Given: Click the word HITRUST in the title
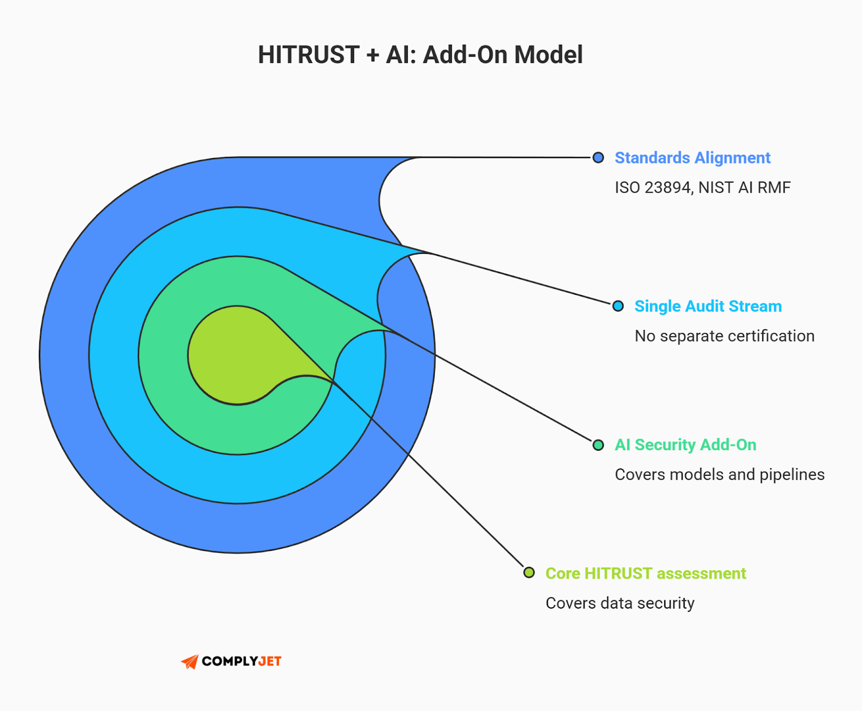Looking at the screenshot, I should pyautogui.click(x=309, y=55).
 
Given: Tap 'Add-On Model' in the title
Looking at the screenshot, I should pyautogui.click(x=503, y=55).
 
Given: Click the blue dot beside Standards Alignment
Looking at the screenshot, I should pyautogui.click(x=598, y=157).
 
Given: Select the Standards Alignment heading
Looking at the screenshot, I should pyautogui.click(x=692, y=157).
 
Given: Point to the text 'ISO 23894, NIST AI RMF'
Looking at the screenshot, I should pyautogui.click(x=703, y=188).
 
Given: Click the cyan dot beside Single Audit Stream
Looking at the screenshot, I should pyautogui.click(x=618, y=306).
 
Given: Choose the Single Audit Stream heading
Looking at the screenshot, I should pyautogui.click(x=708, y=306).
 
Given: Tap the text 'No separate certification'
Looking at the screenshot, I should pyautogui.click(x=724, y=336).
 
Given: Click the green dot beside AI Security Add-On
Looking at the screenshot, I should pyautogui.click(x=598, y=445).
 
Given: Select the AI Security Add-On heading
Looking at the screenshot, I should pyautogui.click(x=685, y=445).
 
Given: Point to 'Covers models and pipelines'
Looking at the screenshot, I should pyautogui.click(x=719, y=474).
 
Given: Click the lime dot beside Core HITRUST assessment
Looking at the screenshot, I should pyautogui.click(x=529, y=572).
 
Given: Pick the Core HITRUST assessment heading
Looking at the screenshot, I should pyautogui.click(x=645, y=573).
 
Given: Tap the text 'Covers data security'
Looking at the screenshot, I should pyautogui.click(x=620, y=603).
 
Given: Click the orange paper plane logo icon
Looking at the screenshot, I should pyautogui.click(x=190, y=661).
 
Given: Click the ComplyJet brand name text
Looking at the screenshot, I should pyautogui.click(x=241, y=661).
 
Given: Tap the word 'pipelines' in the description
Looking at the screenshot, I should pyautogui.click(x=792, y=474).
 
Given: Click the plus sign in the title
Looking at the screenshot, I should pyautogui.click(x=372, y=55).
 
